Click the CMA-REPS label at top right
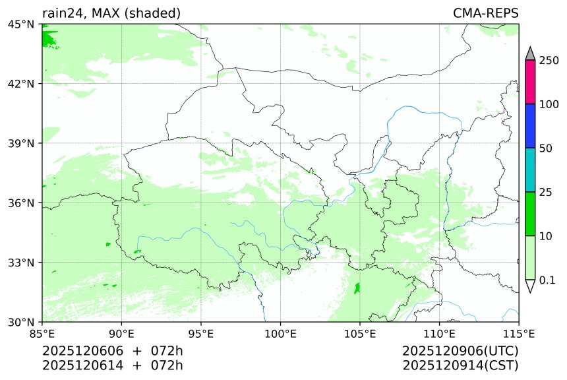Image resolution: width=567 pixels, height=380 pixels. tap(485, 14)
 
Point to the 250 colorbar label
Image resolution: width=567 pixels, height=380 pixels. tap(549, 61)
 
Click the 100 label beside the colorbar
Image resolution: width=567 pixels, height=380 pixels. tap(549, 104)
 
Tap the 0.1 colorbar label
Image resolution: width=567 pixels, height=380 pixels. tap(548, 280)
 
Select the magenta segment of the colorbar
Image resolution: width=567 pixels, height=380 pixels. tap(530, 82)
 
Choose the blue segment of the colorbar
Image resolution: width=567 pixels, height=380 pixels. tap(530, 125)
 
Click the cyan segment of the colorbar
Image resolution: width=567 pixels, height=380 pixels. tap(530, 170)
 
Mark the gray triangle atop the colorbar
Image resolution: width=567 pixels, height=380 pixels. tap(530, 53)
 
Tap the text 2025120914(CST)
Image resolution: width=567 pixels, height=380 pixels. tap(460, 365)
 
